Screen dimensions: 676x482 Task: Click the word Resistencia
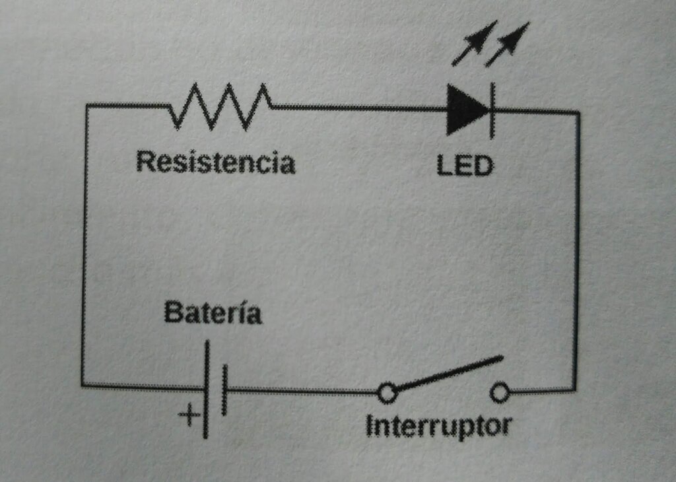(x=216, y=162)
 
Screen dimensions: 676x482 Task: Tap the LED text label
(x=464, y=166)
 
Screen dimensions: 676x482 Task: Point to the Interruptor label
(x=438, y=426)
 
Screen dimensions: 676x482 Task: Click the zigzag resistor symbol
(x=220, y=106)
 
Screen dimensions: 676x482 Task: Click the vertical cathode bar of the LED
(x=492, y=110)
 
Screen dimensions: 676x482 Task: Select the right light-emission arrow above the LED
(x=508, y=44)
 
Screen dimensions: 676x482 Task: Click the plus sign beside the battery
(x=189, y=415)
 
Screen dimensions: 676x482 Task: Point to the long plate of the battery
(x=206, y=390)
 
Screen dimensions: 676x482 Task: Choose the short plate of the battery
(x=224, y=390)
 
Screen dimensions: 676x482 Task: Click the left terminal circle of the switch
(x=387, y=393)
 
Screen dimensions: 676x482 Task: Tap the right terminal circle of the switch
(x=500, y=392)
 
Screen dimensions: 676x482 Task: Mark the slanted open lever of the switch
(x=448, y=373)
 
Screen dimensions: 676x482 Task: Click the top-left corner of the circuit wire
(x=86, y=105)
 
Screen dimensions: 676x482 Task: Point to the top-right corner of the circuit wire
(x=578, y=112)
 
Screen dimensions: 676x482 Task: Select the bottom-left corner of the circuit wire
(x=83, y=385)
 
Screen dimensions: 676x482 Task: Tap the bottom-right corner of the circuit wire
(x=574, y=390)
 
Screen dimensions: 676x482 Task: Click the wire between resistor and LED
(x=359, y=108)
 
